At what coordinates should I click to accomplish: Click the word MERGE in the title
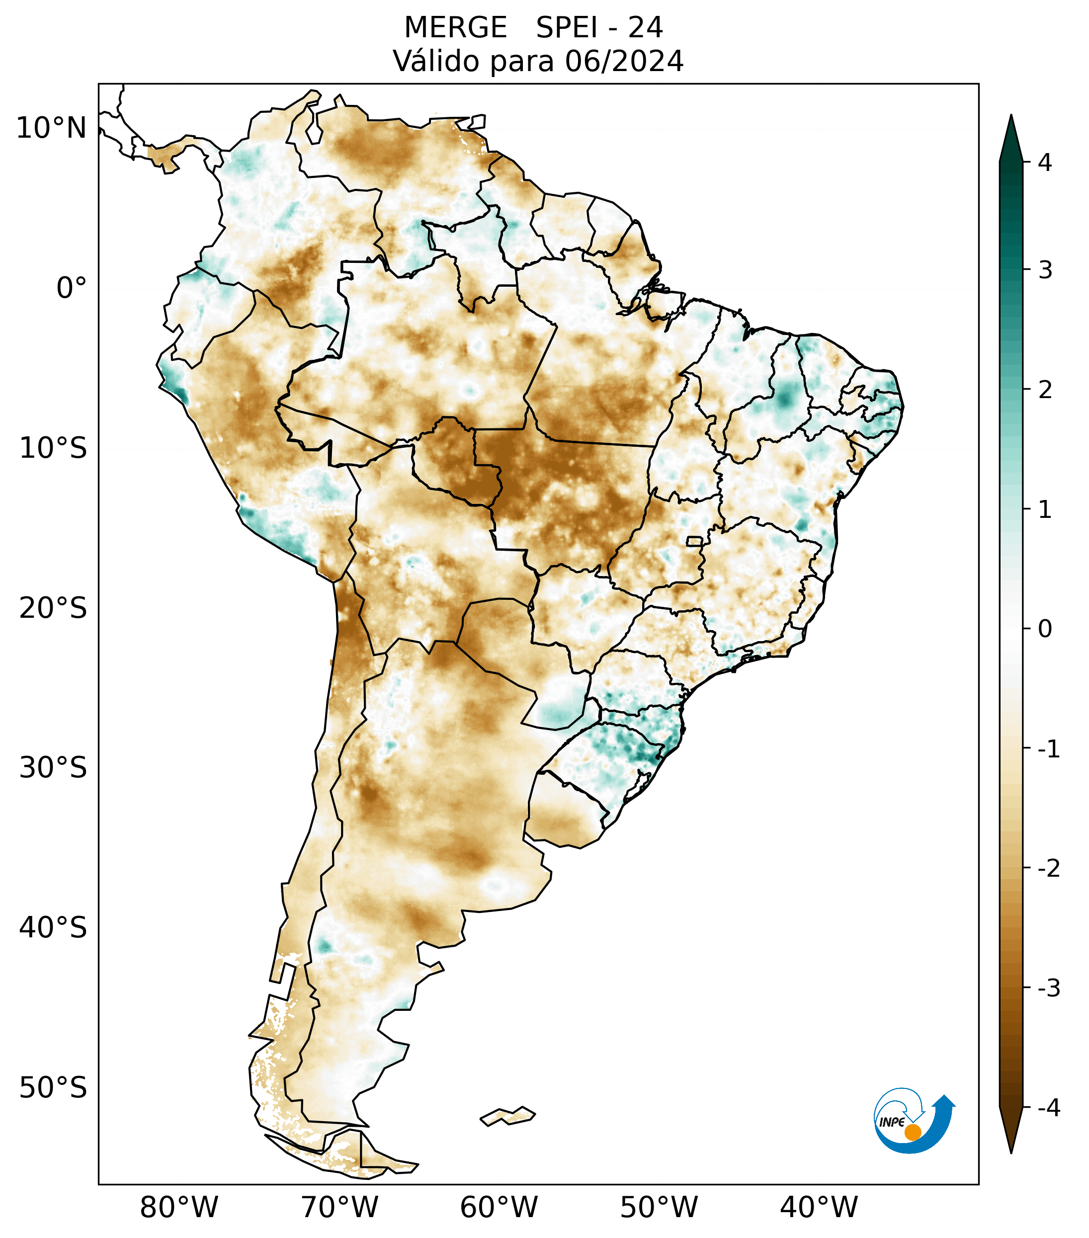455,28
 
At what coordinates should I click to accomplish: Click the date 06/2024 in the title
624,61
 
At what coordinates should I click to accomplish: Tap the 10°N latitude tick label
52,128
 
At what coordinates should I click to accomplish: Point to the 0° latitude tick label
72,288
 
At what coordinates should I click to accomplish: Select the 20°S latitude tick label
53,608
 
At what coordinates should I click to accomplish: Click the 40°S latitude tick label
53,928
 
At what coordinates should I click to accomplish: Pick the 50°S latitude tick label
53,1088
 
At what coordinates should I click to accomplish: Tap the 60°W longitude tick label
499,1207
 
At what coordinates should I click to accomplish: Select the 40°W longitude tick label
819,1207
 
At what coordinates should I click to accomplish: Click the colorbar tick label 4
1045,163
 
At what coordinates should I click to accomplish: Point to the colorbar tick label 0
1045,629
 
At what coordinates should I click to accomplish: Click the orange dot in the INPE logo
912,1132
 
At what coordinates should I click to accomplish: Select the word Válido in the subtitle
436,61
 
